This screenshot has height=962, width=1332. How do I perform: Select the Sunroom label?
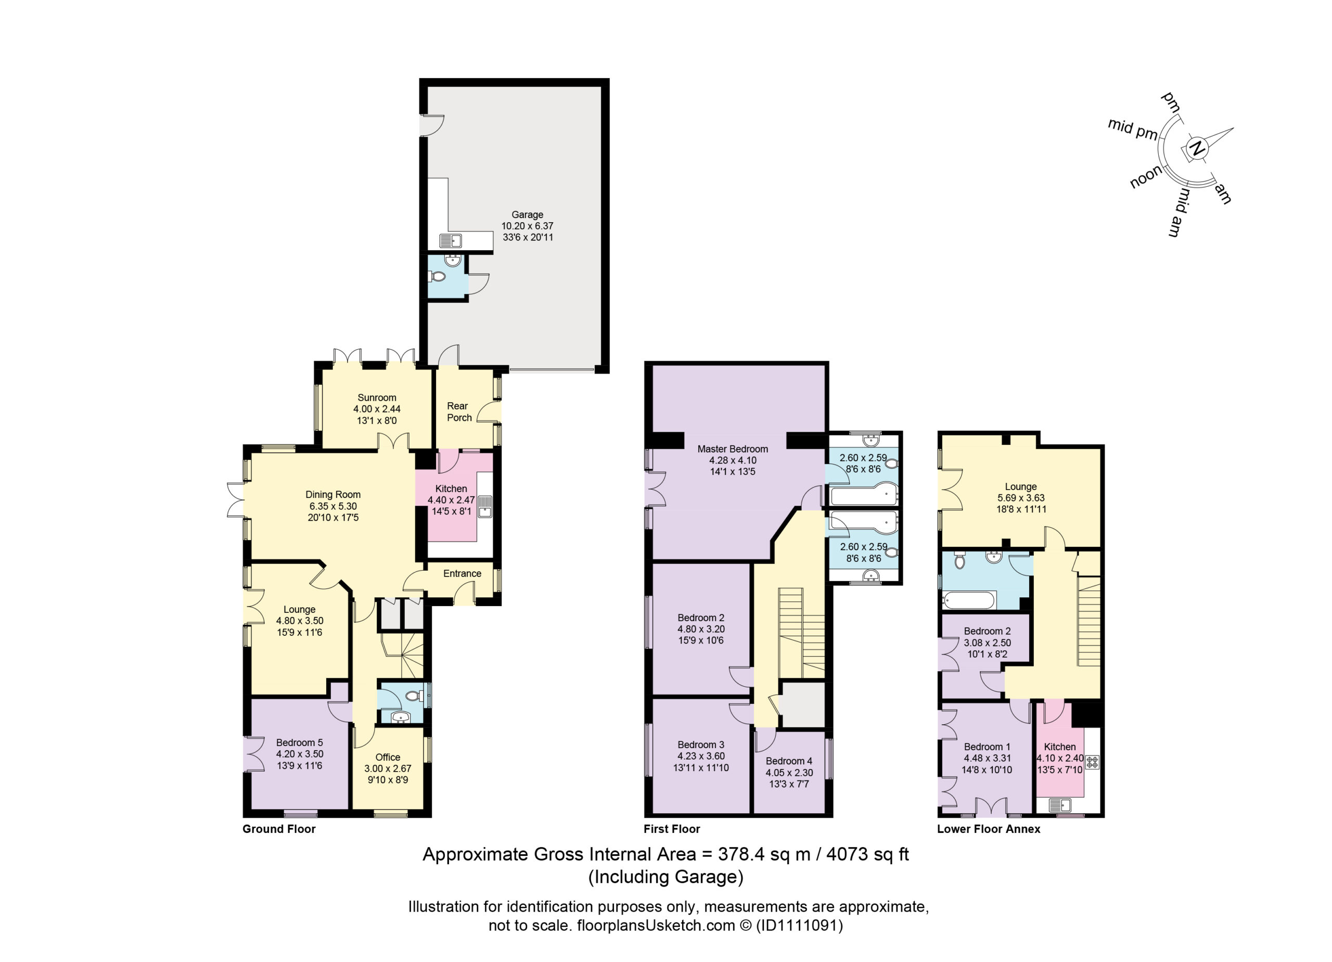click(377, 397)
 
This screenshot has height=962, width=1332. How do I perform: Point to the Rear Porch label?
click(459, 412)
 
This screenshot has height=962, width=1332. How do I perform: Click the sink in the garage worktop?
click(451, 240)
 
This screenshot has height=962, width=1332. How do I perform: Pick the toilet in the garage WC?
click(438, 277)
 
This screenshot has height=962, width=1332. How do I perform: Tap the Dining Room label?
click(333, 494)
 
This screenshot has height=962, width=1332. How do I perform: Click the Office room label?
click(388, 757)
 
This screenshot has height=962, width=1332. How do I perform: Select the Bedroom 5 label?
click(300, 742)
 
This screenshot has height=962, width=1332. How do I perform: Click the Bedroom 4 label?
click(789, 761)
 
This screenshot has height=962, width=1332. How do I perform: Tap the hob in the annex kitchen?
click(1092, 762)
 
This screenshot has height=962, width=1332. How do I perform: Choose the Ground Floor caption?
click(279, 829)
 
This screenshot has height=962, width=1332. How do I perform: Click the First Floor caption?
click(672, 829)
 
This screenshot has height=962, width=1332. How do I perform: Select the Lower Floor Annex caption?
click(989, 829)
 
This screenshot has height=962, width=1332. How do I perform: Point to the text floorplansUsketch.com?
click(656, 926)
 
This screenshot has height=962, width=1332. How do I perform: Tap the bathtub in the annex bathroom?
click(968, 600)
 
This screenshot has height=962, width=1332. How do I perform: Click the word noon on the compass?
click(1146, 176)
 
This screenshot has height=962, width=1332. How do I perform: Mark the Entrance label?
click(462, 574)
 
